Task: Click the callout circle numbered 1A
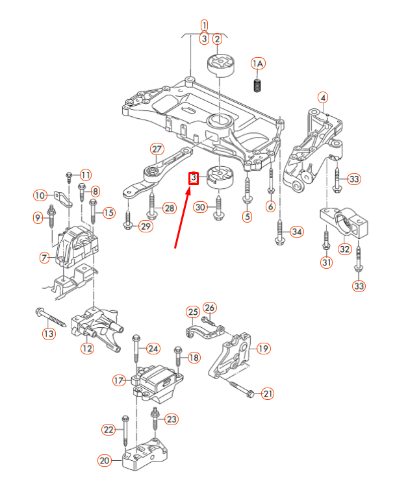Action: pyautogui.click(x=259, y=63)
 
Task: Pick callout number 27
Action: pyautogui.click(x=157, y=149)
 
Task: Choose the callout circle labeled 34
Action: pyautogui.click(x=297, y=232)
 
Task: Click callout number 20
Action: pyautogui.click(x=105, y=461)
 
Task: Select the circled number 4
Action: pyautogui.click(x=323, y=98)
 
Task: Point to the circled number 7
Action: pyautogui.click(x=44, y=258)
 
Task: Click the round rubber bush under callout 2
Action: pyautogui.click(x=219, y=67)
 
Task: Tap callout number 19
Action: pyautogui.click(x=263, y=349)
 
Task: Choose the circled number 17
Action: pyautogui.click(x=119, y=380)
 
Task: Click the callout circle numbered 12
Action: pyautogui.click(x=88, y=349)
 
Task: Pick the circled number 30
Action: pyautogui.click(x=201, y=207)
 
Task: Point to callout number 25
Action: pyautogui.click(x=193, y=312)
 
